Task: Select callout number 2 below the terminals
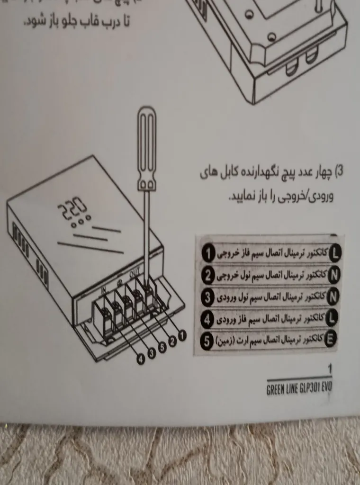(x=172, y=341)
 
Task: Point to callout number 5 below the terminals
(x=162, y=347)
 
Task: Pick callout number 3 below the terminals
(x=152, y=353)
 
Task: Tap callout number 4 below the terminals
(x=141, y=359)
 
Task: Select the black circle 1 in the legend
(x=209, y=254)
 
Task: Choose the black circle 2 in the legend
(x=208, y=275)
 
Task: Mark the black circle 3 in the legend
(x=208, y=297)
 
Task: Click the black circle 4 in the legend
(x=208, y=319)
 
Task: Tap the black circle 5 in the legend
(x=207, y=340)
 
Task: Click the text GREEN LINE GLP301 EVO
(x=299, y=387)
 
